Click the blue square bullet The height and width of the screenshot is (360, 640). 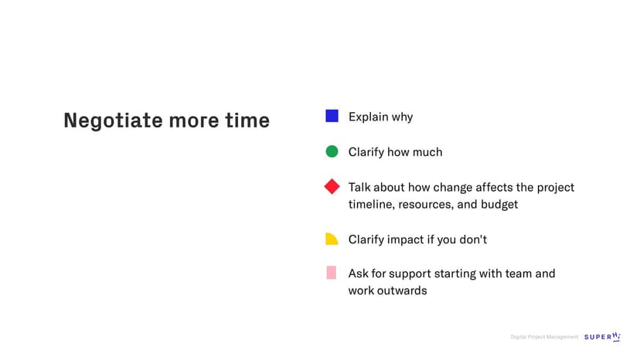332,116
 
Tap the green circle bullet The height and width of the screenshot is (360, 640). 332,151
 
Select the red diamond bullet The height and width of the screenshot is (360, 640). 332,186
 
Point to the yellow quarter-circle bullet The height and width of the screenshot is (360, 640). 332,239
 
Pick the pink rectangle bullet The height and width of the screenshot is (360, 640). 332,273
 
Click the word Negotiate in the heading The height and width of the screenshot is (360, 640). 113,121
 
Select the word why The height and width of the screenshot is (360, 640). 403,117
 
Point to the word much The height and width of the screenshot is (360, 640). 427,152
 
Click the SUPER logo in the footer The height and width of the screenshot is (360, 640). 602,336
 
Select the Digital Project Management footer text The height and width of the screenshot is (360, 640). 544,337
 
